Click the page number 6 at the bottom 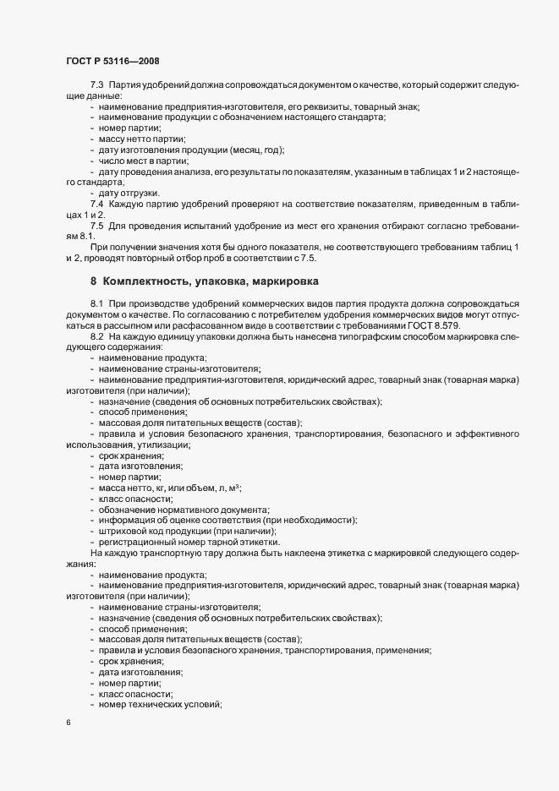pyautogui.click(x=67, y=723)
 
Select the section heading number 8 pyautogui.click(x=93, y=280)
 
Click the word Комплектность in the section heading pyautogui.click(x=150, y=280)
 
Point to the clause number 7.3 pyautogui.click(x=96, y=85)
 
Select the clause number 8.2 pyautogui.click(x=96, y=336)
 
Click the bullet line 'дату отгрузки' pyautogui.click(x=127, y=194)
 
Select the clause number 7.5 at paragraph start pyautogui.click(x=96, y=226)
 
